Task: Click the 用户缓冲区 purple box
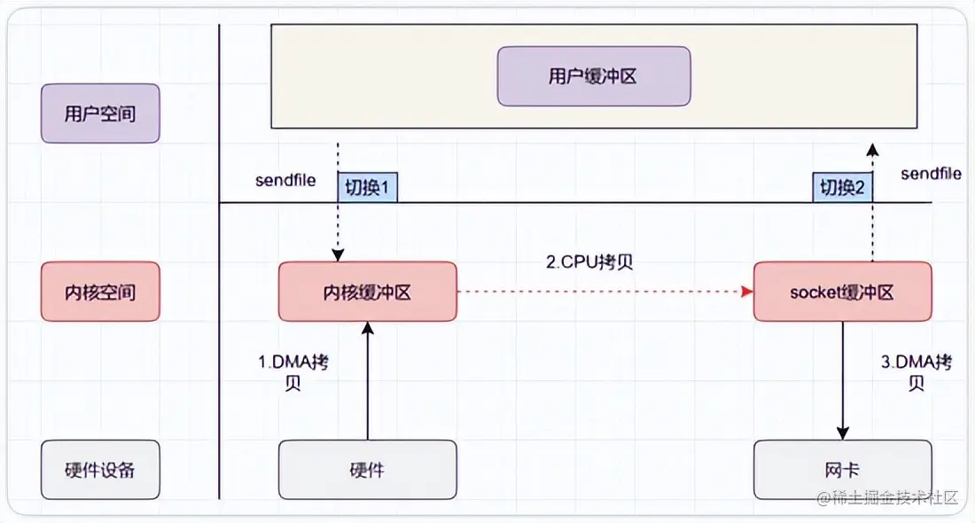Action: tap(593, 76)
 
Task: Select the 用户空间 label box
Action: tap(100, 113)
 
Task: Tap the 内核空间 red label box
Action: tap(100, 292)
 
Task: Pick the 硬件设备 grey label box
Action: tap(100, 469)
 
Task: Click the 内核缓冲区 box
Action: tap(367, 292)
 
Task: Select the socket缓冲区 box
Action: tap(842, 292)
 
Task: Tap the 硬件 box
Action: tap(367, 470)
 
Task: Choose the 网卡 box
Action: tap(842, 470)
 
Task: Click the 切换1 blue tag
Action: tap(366, 188)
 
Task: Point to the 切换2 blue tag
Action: tap(842, 188)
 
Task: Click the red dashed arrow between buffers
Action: tap(603, 291)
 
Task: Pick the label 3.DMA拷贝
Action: tap(917, 373)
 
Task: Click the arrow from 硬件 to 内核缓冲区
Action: tap(367, 381)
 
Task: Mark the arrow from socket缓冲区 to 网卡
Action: tap(842, 381)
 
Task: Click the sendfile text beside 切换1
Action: tap(285, 180)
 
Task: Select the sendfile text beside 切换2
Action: tap(931, 174)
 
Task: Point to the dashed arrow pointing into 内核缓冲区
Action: tap(338, 230)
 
